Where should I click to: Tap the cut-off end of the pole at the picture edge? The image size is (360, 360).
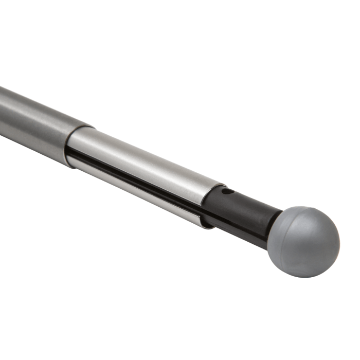pyautogui.click(x=2, y=111)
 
